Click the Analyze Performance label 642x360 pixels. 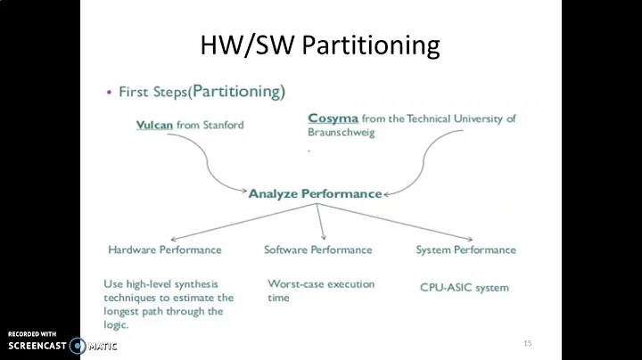[315, 193]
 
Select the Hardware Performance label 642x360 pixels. [164, 250]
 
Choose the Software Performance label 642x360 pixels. [317, 250]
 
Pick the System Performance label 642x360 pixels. [465, 250]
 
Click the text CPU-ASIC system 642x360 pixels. [464, 287]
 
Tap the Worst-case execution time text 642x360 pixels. [320, 290]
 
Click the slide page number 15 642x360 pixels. [527, 343]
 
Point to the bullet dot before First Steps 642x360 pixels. [110, 93]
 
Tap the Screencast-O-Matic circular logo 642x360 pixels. [78, 345]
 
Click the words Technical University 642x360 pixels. [451, 118]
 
